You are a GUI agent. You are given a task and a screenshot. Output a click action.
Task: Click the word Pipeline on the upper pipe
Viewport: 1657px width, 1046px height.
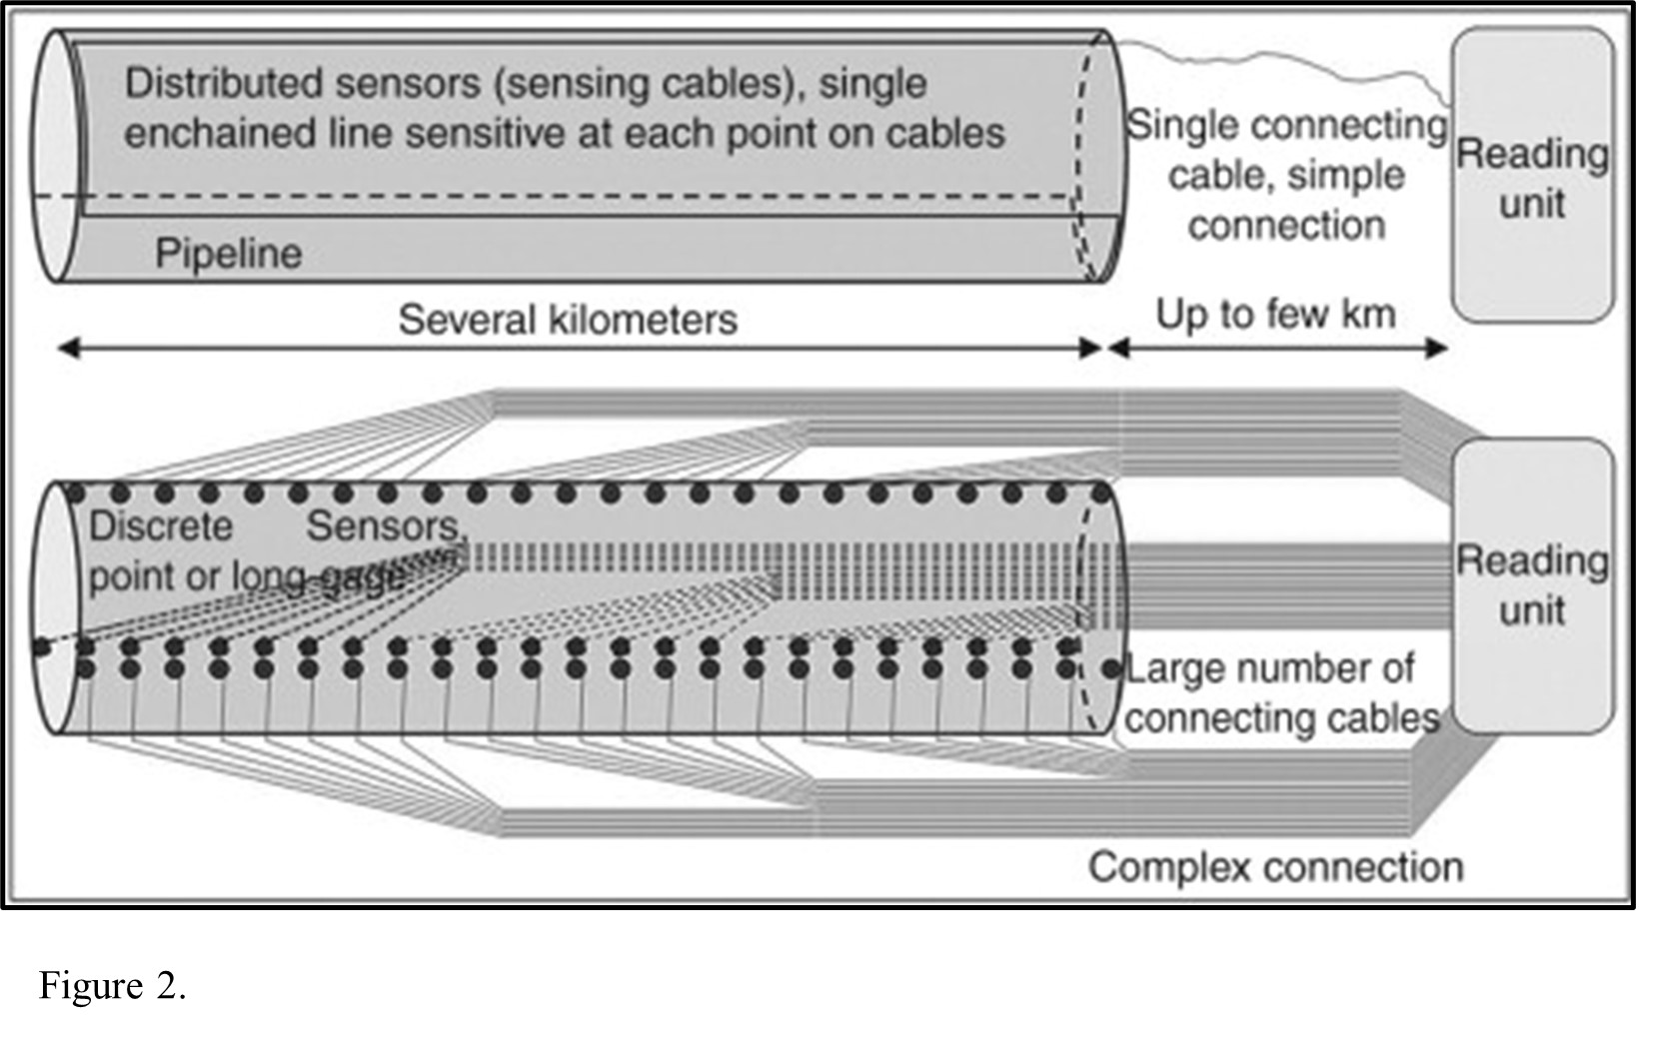point(228,254)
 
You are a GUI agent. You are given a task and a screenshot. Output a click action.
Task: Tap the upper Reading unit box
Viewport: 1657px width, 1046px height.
point(1531,176)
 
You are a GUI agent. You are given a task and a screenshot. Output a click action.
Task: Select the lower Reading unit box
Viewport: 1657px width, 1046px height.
point(1531,585)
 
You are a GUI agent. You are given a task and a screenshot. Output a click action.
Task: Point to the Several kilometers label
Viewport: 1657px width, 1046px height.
point(567,320)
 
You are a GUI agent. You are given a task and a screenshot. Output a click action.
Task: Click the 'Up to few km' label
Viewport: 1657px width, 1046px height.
point(1275,315)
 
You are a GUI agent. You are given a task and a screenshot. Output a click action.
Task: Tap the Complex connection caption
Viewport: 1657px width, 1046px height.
point(1275,867)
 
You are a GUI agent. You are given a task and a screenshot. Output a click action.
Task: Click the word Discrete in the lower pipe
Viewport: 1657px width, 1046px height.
point(161,526)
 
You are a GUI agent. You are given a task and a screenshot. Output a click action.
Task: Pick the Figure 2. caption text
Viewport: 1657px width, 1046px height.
point(112,986)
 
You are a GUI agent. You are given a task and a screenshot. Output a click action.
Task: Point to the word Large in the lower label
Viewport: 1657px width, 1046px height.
point(1172,669)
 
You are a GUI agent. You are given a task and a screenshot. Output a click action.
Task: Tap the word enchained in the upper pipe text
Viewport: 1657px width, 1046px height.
point(220,134)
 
